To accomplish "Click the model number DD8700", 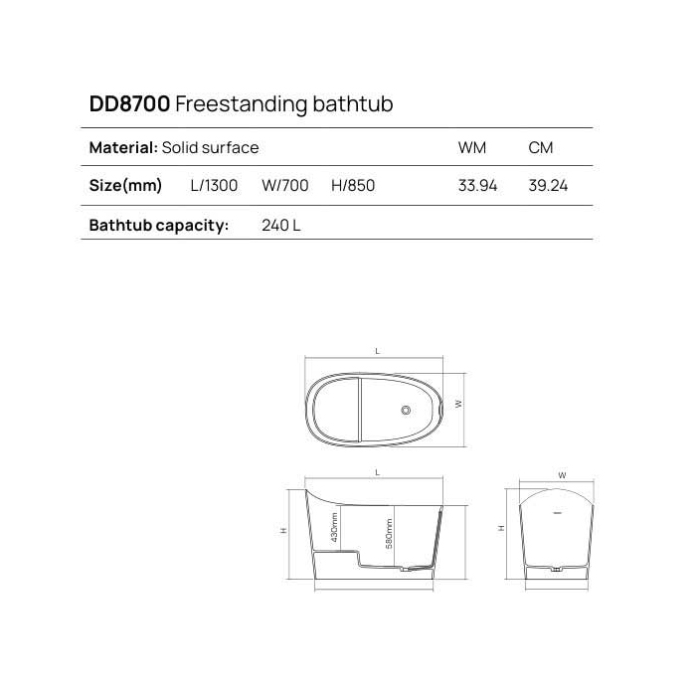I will (x=129, y=104).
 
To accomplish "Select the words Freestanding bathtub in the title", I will (x=289, y=104).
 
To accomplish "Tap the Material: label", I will (x=123, y=148).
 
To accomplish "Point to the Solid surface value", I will (x=211, y=148).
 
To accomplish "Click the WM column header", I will (x=471, y=148).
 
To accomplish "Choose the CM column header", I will (x=541, y=148).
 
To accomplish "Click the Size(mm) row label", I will (x=125, y=186).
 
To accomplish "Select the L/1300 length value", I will (x=214, y=186).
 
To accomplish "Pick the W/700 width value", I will (x=285, y=186).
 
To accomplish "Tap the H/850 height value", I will (x=353, y=186).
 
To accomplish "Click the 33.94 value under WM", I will (x=477, y=186).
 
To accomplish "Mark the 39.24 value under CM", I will (x=548, y=186).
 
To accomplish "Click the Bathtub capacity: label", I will (x=159, y=225).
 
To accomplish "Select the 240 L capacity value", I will (x=280, y=225).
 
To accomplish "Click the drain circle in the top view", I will (x=405, y=409).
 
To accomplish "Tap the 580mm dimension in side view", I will (x=390, y=534).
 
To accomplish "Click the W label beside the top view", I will (x=458, y=404).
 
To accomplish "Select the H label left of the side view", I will (x=283, y=531).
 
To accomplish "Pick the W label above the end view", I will (x=562, y=476).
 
